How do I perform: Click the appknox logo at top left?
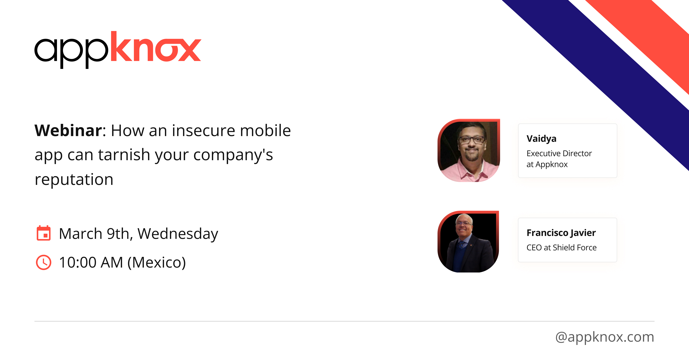point(118,50)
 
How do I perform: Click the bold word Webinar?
point(68,131)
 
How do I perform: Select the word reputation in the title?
point(74,179)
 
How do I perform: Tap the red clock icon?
point(43,262)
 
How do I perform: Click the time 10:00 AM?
point(91,262)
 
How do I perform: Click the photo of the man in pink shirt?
point(469,151)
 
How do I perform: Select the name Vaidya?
point(541,139)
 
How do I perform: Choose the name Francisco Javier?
point(561,233)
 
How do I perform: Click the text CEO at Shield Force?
point(561,248)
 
